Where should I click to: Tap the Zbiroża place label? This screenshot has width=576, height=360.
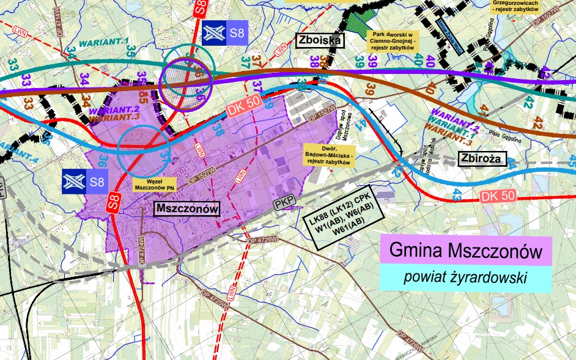[481, 160]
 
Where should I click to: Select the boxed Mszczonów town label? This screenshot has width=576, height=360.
[186, 209]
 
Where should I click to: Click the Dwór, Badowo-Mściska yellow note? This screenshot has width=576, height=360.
[328, 156]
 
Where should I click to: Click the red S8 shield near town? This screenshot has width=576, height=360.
[113, 201]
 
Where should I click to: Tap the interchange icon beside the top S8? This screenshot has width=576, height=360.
[213, 34]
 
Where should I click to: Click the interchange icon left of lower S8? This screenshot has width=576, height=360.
[73, 181]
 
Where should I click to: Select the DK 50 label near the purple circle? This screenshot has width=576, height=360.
[243, 106]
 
